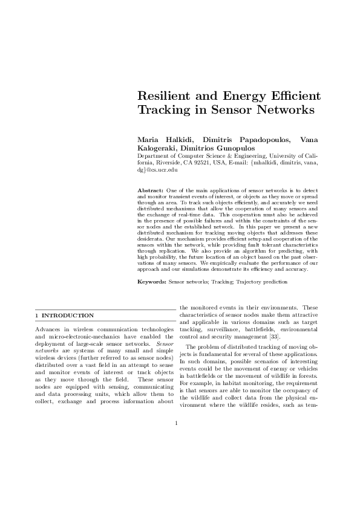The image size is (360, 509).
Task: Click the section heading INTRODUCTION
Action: coord(67,316)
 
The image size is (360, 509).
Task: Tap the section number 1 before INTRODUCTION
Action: coord(37,316)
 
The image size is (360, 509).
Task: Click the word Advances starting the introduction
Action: coord(49,328)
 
